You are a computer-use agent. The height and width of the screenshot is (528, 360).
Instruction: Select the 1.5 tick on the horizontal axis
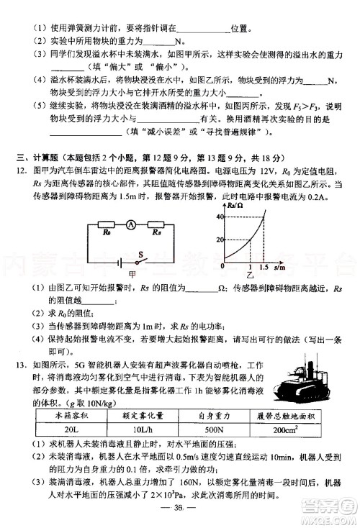click(x=266, y=268)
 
